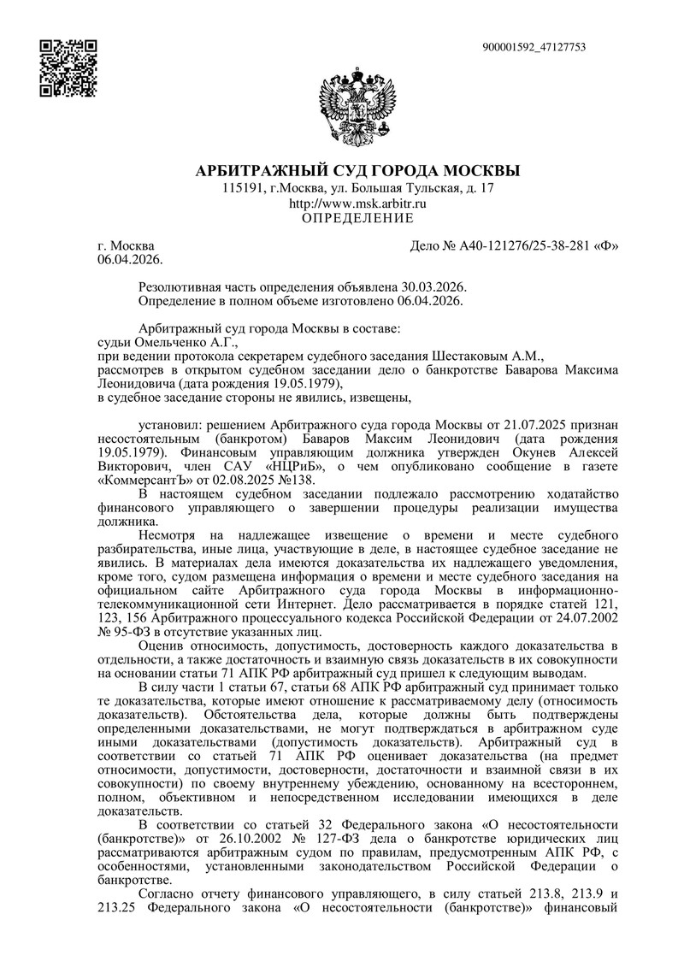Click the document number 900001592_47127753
point(534,47)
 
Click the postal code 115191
point(243,187)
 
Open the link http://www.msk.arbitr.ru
point(358,203)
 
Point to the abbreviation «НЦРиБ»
point(279,468)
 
